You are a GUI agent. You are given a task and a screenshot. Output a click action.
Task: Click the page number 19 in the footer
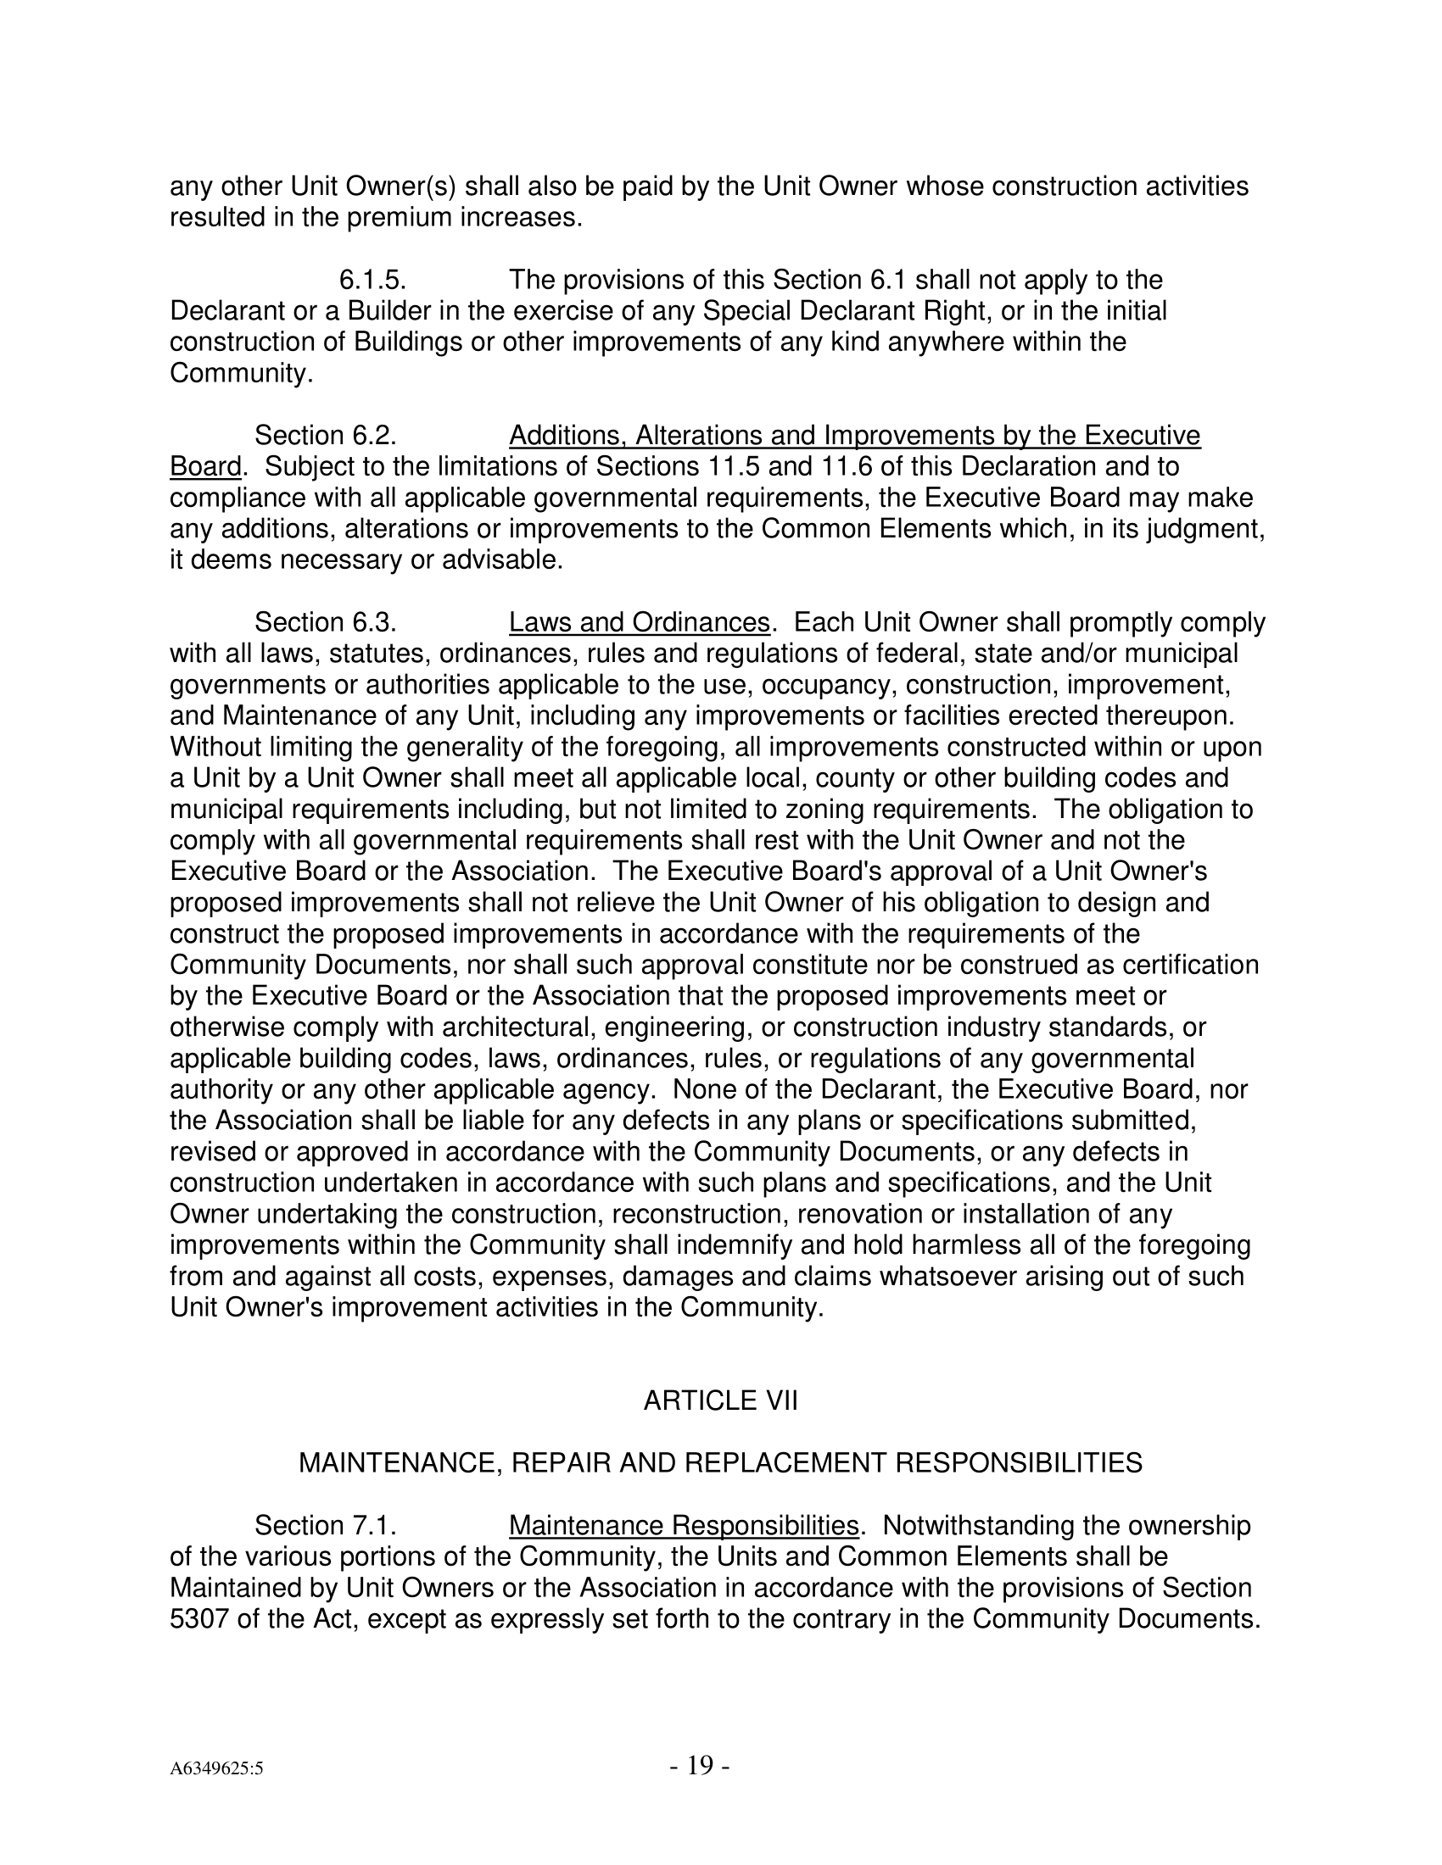[699, 1764]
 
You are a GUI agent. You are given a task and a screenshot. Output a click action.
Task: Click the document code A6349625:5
[216, 1768]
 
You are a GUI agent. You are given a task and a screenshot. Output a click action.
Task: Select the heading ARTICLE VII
[720, 1401]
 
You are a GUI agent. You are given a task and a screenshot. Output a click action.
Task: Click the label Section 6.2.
[326, 436]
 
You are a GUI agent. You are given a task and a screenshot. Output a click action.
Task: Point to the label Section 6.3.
[326, 622]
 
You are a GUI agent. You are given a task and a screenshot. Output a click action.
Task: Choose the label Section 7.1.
[326, 1525]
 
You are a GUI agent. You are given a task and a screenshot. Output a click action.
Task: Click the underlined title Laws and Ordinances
[640, 622]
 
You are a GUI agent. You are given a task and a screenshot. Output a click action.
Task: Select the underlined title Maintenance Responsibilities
[684, 1525]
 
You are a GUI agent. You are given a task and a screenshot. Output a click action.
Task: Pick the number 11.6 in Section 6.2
[847, 467]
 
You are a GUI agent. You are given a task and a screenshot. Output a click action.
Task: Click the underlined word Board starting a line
[205, 467]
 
